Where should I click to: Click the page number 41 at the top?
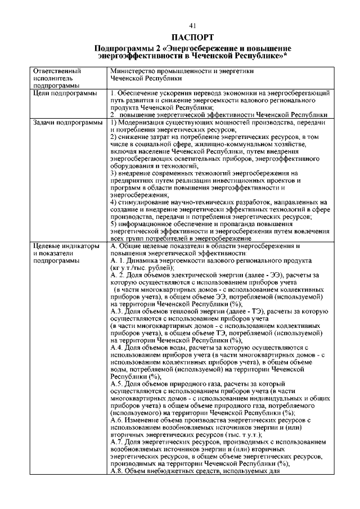[192, 26]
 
